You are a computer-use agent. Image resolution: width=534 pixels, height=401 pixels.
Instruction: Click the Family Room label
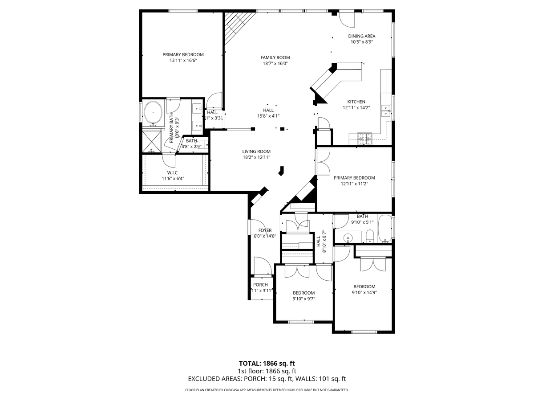(x=275, y=57)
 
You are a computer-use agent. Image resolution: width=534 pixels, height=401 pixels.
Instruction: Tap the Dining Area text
(x=361, y=36)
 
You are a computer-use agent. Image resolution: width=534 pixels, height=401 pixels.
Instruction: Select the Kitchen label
(x=356, y=102)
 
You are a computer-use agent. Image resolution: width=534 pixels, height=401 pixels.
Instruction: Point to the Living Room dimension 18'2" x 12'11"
(x=256, y=157)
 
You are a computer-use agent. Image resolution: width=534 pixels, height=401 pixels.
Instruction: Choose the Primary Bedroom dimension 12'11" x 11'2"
(x=354, y=183)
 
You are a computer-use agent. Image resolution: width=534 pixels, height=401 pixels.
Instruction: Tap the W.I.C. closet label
(x=173, y=172)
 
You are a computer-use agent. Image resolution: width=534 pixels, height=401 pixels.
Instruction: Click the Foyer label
(x=265, y=230)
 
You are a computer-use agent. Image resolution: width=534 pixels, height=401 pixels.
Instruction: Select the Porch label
(x=260, y=285)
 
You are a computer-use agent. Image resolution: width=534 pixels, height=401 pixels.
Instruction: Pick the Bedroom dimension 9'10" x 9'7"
(x=303, y=299)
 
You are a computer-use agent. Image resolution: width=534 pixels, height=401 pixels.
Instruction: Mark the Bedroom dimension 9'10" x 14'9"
(x=364, y=293)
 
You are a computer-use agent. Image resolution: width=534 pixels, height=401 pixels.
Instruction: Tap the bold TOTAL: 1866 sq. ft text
(x=267, y=363)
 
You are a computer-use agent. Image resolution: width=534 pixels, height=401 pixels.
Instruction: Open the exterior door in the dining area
(x=346, y=19)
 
